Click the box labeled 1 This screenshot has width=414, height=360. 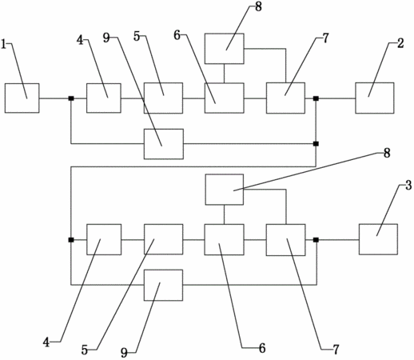tap(22, 98)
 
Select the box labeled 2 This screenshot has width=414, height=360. tap(375, 98)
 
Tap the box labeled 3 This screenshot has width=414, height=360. tap(378, 239)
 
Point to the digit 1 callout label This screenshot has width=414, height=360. tap(3, 44)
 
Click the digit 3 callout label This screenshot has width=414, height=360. tap(408, 185)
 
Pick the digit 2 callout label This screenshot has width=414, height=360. tap(400, 43)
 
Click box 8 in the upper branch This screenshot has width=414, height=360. tap(225, 49)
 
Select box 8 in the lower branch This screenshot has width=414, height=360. tap(225, 190)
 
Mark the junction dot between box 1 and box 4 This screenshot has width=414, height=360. tap(71, 98)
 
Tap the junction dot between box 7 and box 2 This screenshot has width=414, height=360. tap(316, 98)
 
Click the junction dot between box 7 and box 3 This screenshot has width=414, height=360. tap(316, 240)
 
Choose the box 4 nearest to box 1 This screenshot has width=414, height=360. tap(104, 98)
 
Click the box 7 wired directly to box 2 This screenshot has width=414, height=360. tap(285, 98)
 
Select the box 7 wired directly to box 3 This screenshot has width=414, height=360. tap(285, 240)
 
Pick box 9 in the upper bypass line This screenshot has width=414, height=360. tap(164, 144)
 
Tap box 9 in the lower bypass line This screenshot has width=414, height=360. tap(164, 285)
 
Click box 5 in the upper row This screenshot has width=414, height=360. tap(164, 98)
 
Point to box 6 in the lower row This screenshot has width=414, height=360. tap(224, 239)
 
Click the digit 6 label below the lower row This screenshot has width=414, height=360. tap(262, 348)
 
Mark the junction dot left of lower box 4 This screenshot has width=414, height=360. tap(71, 240)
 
